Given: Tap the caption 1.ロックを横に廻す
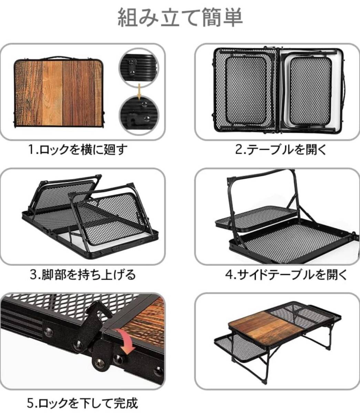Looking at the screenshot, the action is coord(78,150).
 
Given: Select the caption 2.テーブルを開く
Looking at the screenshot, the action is coord(281,150).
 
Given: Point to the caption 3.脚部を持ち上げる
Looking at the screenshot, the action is coord(83,275).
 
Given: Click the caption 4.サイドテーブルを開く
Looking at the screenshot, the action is coord(286,275).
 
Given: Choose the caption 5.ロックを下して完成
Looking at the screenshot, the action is coord(82,403).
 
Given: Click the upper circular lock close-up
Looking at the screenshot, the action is coord(138,68).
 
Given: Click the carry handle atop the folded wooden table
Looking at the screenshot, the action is coord(59,58).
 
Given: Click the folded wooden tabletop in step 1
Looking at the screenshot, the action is coord(59,93).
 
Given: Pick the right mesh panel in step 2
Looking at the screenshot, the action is coord(310,91).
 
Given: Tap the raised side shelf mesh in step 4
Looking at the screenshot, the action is coord(257,217).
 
